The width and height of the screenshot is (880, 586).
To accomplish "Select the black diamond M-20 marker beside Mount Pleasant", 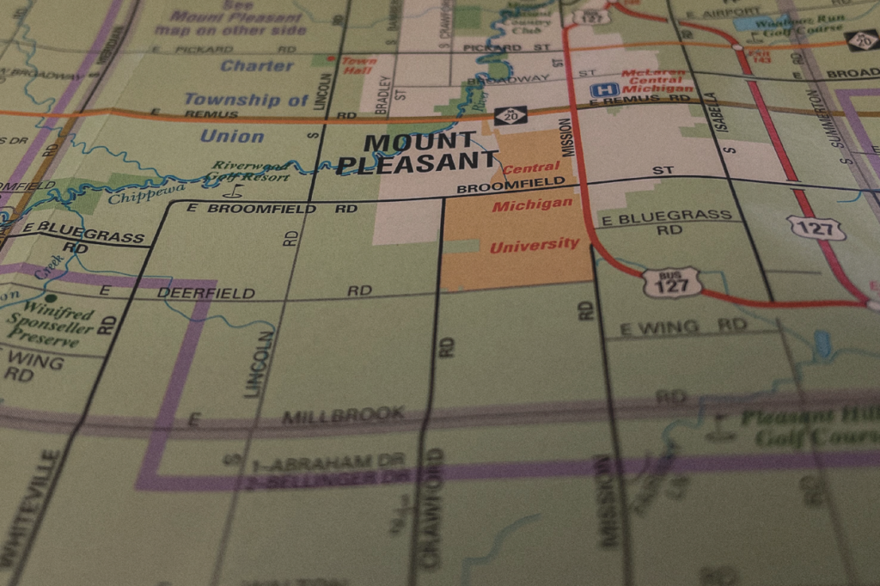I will tap(510, 115).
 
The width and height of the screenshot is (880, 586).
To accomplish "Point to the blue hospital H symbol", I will tap(604, 89).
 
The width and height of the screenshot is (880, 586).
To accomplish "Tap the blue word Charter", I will tap(257, 66).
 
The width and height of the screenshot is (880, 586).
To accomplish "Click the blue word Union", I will tap(232, 136).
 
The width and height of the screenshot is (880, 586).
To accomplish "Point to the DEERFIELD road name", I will tap(206, 293).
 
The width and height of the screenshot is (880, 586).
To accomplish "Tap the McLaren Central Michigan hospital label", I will tap(657, 82).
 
